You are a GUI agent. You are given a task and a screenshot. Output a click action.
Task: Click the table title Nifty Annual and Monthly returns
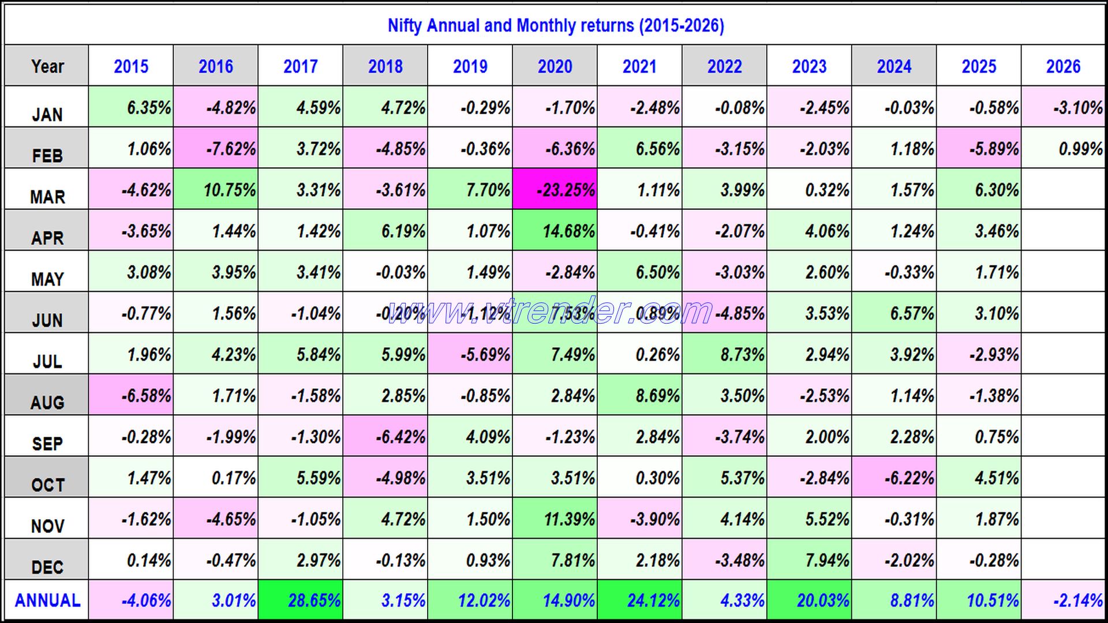pyautogui.click(x=555, y=26)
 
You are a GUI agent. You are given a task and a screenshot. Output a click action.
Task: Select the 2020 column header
pyautogui.click(x=555, y=66)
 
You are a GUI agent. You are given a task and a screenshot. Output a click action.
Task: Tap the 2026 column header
pyautogui.click(x=1063, y=66)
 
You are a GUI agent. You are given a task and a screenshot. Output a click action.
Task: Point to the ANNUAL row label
pyautogui.click(x=47, y=601)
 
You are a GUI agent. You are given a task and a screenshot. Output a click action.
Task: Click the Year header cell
pyautogui.click(x=47, y=66)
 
